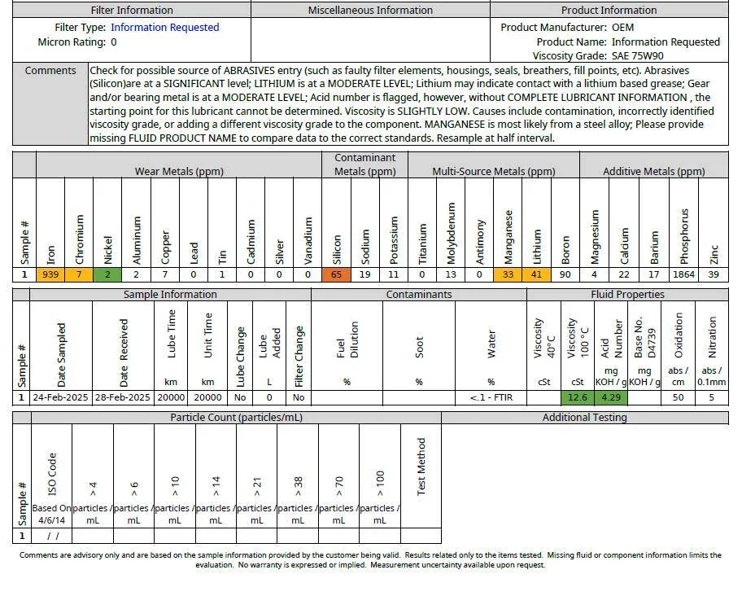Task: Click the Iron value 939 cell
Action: click(x=50, y=274)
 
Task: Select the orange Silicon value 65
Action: click(x=337, y=274)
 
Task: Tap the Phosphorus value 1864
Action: click(x=683, y=274)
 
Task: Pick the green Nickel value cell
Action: click(x=107, y=274)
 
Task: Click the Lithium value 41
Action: click(x=537, y=274)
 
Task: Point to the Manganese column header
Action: click(x=508, y=237)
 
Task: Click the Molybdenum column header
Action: click(x=451, y=233)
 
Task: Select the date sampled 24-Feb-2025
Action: click(x=60, y=397)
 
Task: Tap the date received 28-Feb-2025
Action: click(x=123, y=397)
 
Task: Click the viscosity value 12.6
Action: click(x=578, y=397)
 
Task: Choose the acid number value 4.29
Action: click(x=611, y=397)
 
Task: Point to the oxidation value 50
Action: click(x=678, y=397)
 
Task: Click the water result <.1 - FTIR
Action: click(x=491, y=397)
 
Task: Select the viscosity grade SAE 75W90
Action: click(x=637, y=56)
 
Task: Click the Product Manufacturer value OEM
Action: click(x=622, y=28)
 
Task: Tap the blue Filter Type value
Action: click(x=164, y=28)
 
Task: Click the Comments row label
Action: click(x=50, y=71)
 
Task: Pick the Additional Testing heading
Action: click(x=584, y=418)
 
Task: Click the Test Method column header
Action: click(x=421, y=467)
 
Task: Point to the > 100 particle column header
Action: click(x=380, y=484)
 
